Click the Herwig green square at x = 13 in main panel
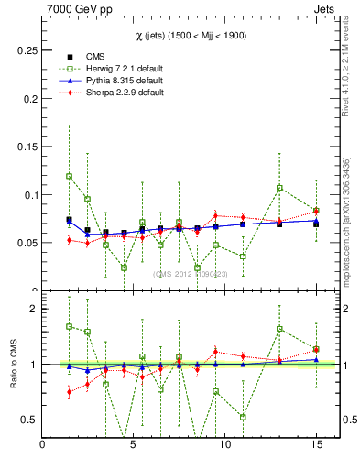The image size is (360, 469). click(279, 188)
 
